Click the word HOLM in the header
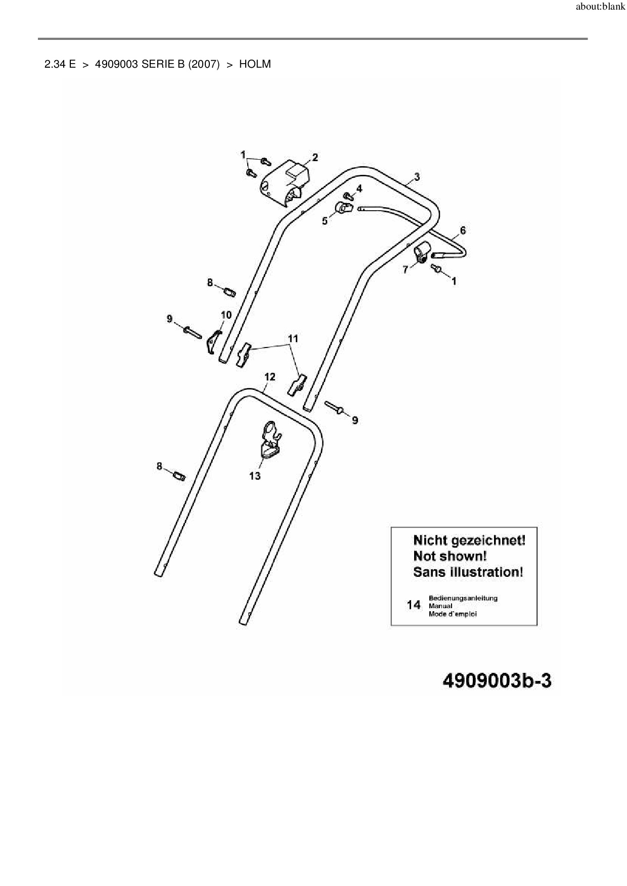click(255, 64)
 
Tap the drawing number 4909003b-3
click(497, 680)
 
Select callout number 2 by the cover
click(315, 158)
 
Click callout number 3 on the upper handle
click(417, 177)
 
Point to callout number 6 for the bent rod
click(463, 231)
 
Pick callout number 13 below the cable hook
click(255, 476)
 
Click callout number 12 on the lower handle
click(270, 377)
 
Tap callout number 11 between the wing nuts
click(293, 338)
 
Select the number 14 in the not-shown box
click(414, 605)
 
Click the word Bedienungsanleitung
click(463, 598)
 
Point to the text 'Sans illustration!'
click(468, 572)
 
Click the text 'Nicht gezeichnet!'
click(469, 540)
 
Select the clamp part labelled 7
click(422, 251)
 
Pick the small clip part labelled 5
click(343, 208)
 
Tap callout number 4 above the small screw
click(359, 189)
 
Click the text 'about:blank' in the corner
click(600, 8)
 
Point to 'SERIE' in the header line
click(156, 64)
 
